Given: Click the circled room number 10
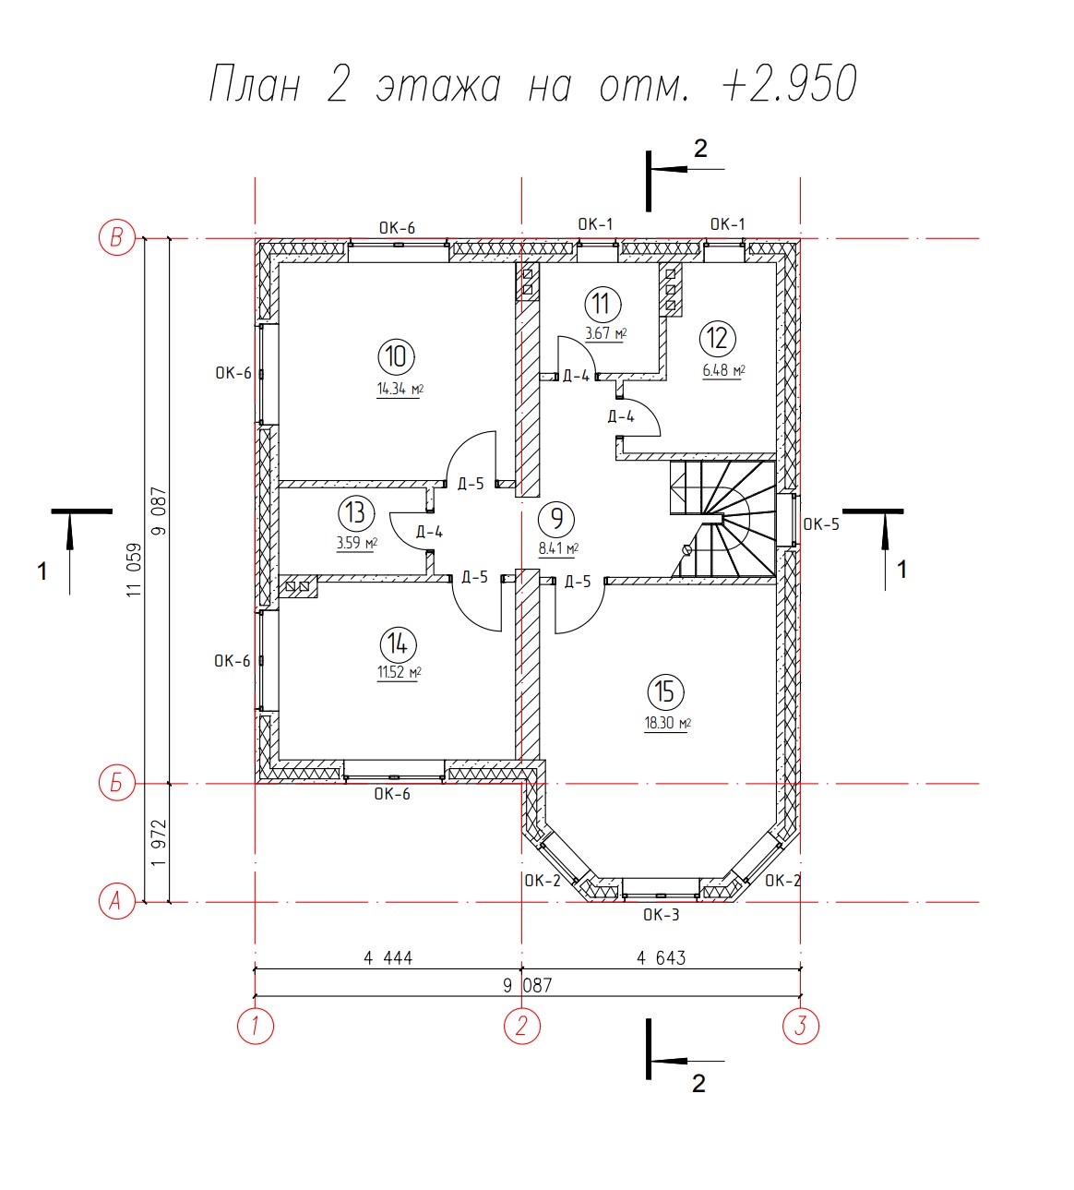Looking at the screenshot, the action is [x=396, y=357].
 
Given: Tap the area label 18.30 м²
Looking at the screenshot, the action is [x=668, y=723].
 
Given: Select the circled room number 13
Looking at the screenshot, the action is [x=356, y=513].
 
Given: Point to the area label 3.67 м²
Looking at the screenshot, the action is [x=605, y=333].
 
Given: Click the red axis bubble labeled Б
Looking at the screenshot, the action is [x=117, y=783].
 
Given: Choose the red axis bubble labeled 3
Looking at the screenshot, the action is [x=801, y=1026].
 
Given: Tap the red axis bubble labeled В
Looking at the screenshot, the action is [x=117, y=238].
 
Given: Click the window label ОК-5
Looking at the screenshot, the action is [x=821, y=524].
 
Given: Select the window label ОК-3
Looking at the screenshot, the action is [x=662, y=915].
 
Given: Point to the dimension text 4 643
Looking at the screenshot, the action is [x=662, y=958].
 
